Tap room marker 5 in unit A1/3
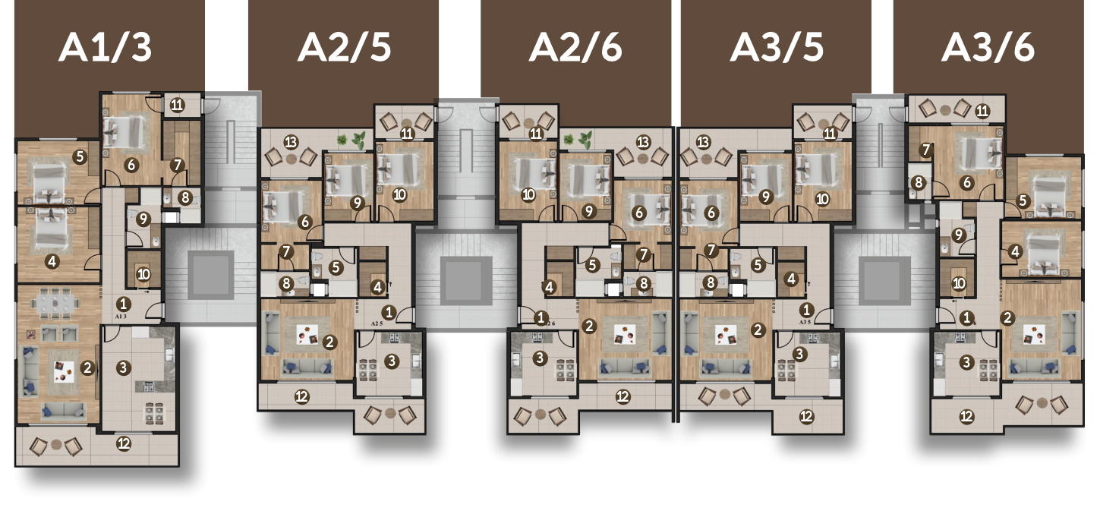[80, 157]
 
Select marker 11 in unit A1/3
[177, 105]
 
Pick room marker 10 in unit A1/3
[144, 274]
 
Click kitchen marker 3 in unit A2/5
[392, 360]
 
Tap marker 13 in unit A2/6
[643, 141]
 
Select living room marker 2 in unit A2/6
[589, 326]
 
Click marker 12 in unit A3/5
[807, 416]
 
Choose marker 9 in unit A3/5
[765, 197]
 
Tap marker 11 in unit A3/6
[982, 111]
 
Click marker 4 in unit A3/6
[1015, 251]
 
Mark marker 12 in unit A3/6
[967, 416]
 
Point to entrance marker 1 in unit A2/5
[389, 311]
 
